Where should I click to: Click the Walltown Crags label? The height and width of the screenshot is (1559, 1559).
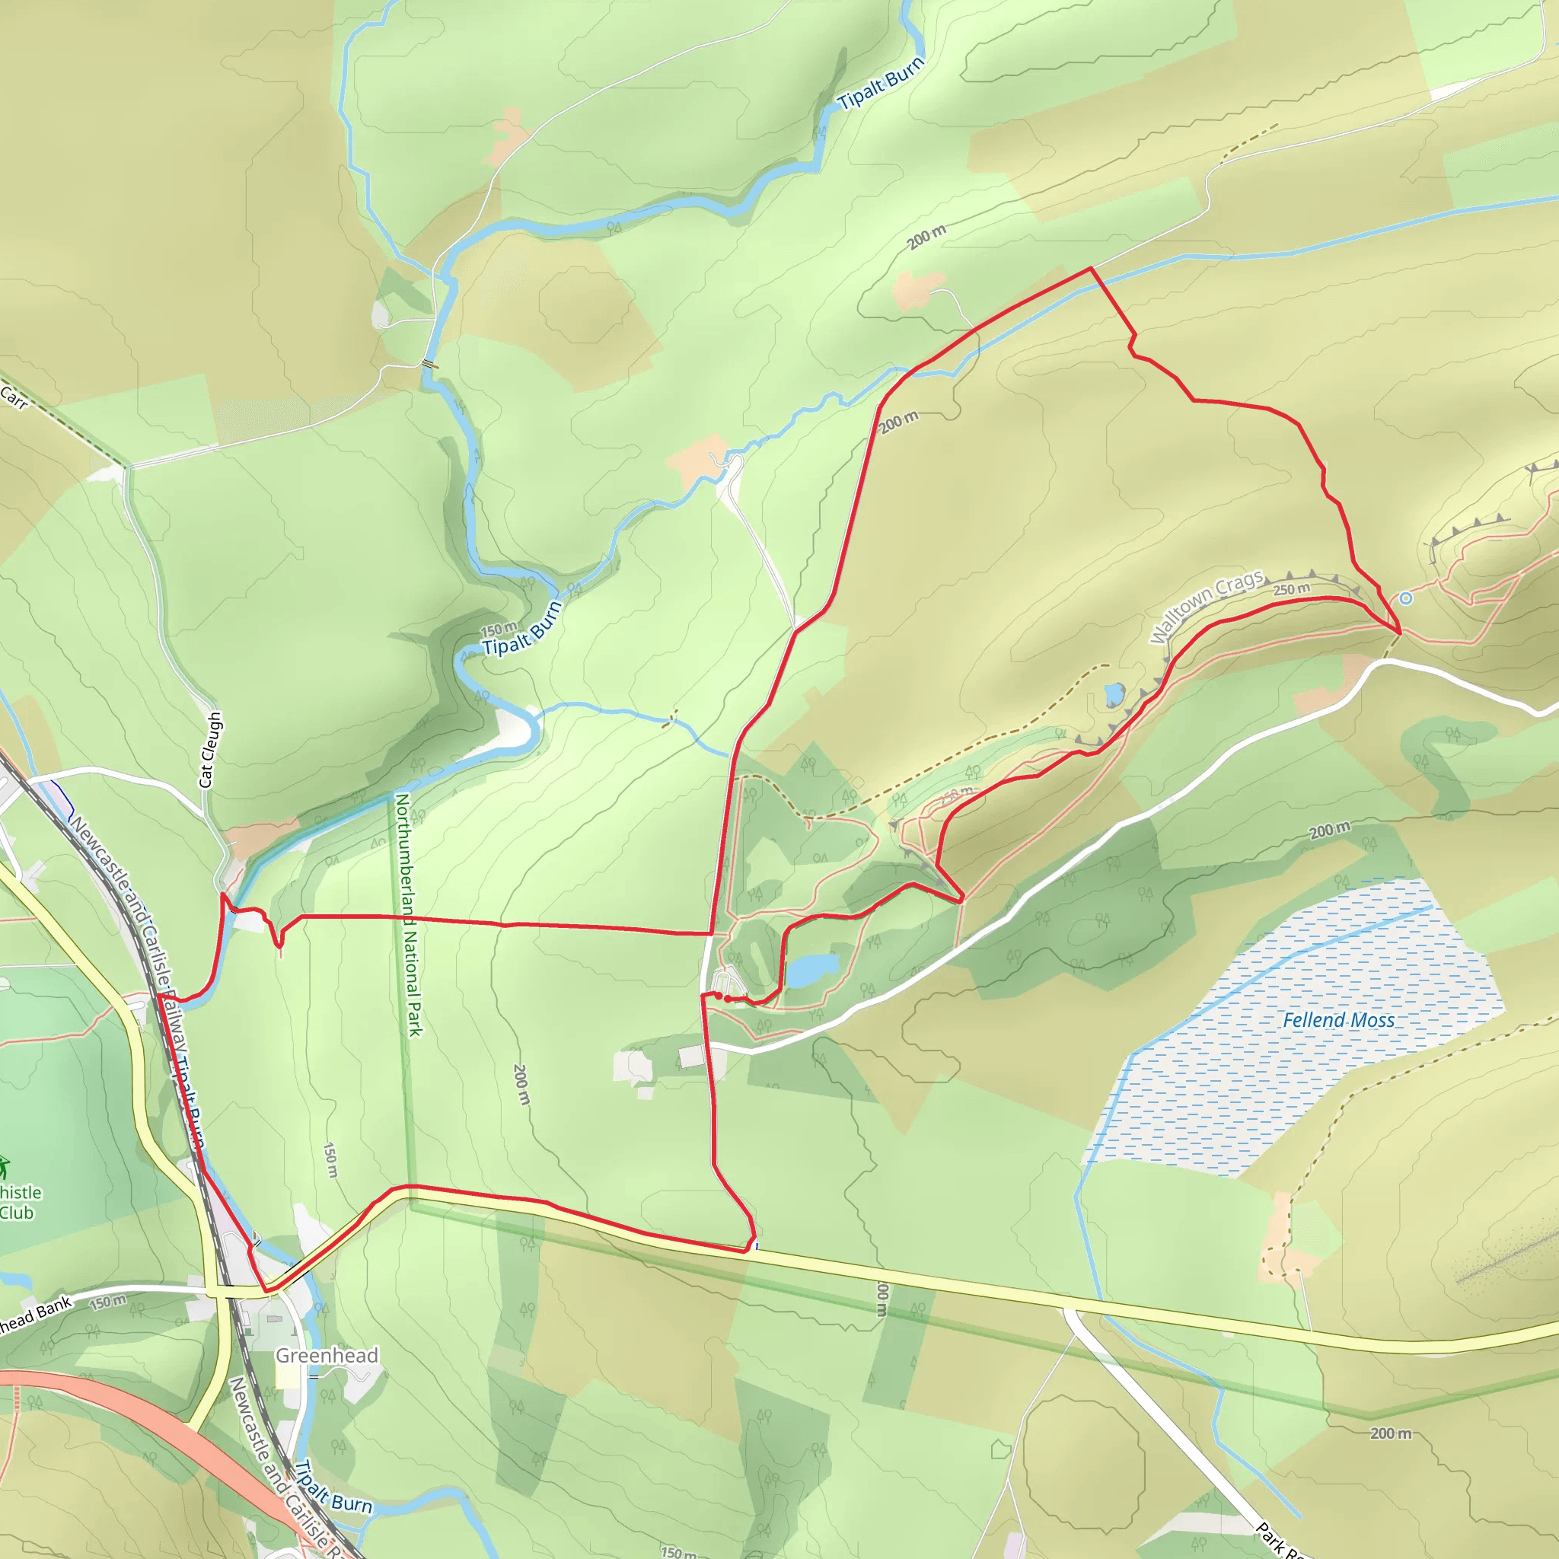[1207, 607]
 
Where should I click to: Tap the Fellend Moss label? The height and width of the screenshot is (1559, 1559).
[1339, 1021]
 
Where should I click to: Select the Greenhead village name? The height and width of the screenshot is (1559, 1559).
[327, 1356]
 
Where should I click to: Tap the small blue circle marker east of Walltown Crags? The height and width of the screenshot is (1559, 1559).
[1406, 598]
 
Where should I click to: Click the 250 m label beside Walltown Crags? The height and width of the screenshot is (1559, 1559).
[1291, 590]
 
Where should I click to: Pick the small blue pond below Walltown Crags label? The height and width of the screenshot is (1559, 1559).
[1114, 693]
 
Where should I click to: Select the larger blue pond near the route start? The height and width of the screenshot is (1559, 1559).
[811, 969]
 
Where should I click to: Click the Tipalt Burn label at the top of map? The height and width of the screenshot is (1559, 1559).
[881, 84]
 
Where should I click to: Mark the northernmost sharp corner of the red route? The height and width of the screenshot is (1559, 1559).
[1091, 268]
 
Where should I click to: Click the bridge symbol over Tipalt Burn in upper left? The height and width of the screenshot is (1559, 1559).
[430, 364]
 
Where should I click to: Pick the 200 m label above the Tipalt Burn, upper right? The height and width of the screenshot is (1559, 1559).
[926, 238]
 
